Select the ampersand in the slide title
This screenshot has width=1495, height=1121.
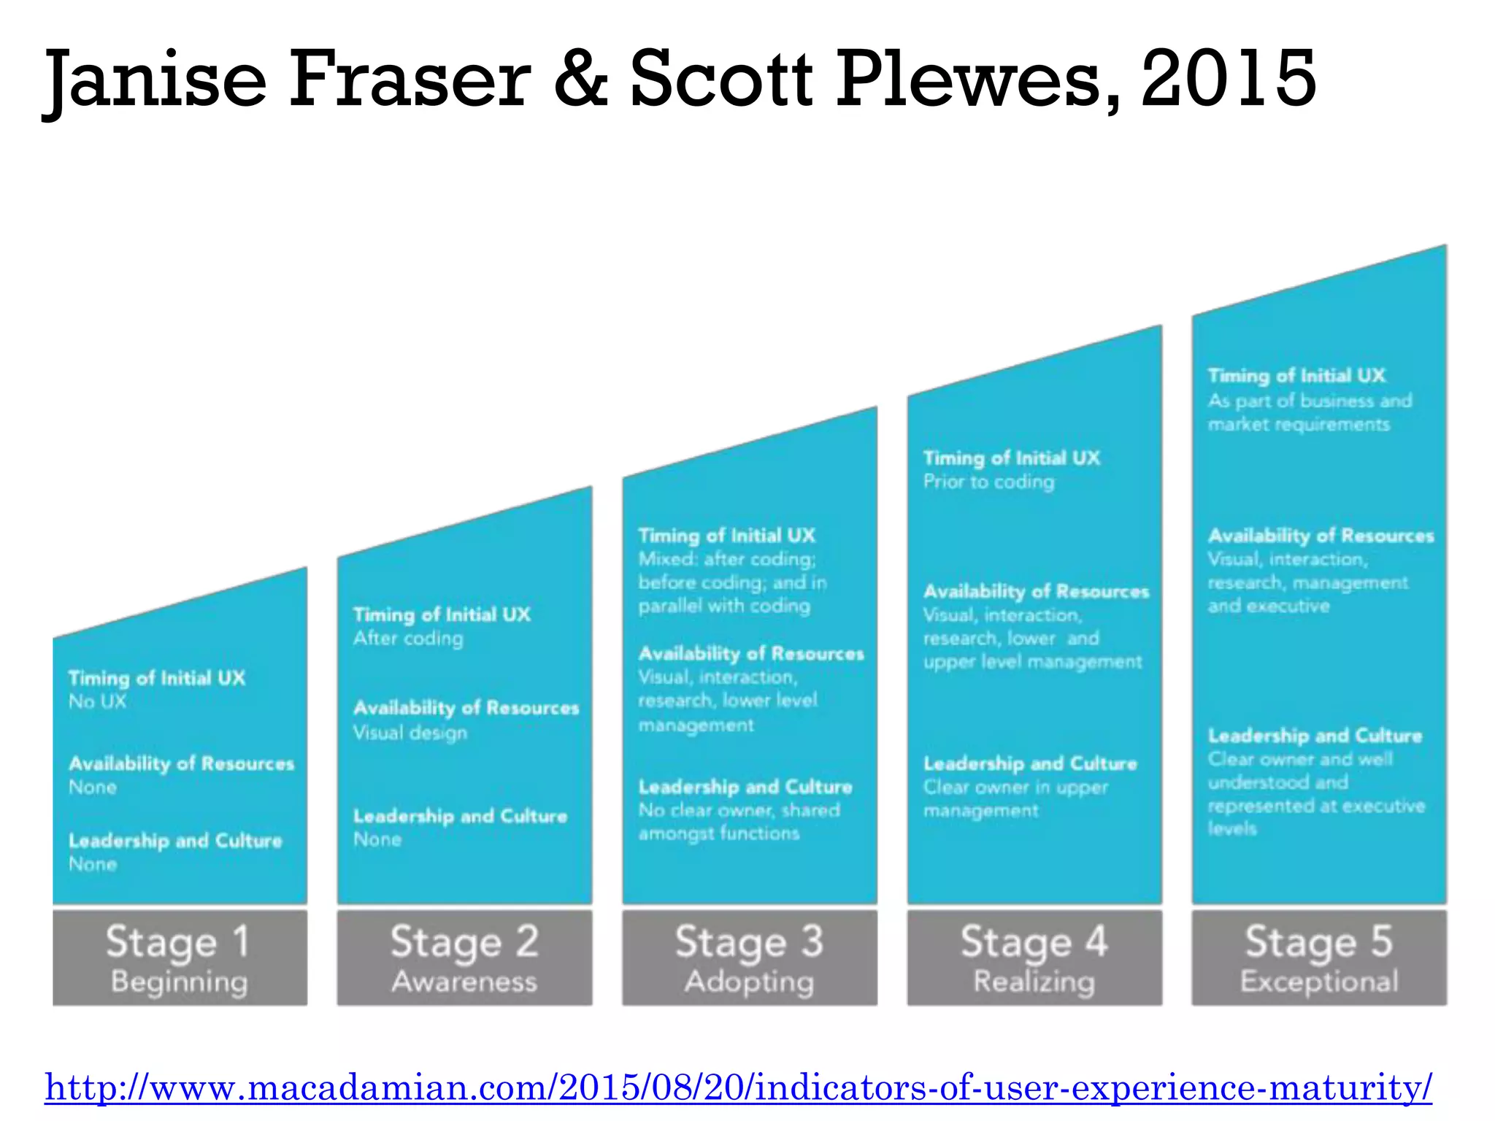pos(580,78)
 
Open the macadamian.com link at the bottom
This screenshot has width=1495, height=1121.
pos(738,1087)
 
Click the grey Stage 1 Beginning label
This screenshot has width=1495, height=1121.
pos(180,958)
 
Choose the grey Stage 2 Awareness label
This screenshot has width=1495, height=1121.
pos(464,958)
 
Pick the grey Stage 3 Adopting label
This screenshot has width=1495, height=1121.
pos(749,958)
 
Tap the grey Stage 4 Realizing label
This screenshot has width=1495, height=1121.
pos(1034,958)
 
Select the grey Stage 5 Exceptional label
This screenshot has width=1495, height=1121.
pos(1319,958)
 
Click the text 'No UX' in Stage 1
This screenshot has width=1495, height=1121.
pos(97,702)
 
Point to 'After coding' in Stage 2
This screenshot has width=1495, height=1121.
pos(408,639)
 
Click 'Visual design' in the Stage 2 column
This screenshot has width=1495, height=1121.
pos(410,733)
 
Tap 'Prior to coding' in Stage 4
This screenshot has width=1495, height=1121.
pos(988,482)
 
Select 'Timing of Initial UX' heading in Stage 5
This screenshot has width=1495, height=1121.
pos(1296,376)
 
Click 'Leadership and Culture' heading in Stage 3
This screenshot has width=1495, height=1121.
pos(745,787)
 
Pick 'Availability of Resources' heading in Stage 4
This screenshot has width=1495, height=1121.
pos(1036,591)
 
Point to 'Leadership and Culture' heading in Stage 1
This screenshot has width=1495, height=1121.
pos(175,841)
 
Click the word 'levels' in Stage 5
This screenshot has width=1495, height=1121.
pos(1232,828)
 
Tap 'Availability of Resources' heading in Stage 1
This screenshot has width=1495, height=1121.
pos(181,763)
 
